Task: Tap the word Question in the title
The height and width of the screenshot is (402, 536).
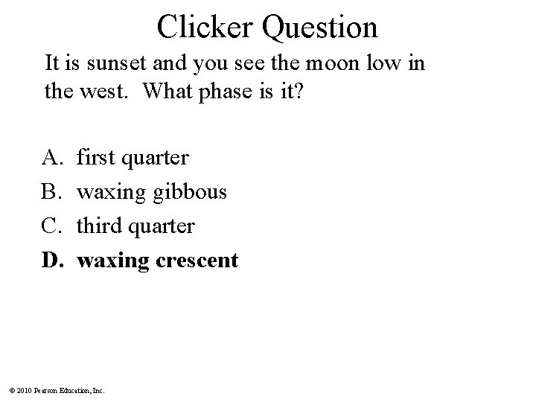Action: [322, 28]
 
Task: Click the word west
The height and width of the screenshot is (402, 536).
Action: [109, 92]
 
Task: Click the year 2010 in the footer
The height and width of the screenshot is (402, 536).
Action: [22, 389]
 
